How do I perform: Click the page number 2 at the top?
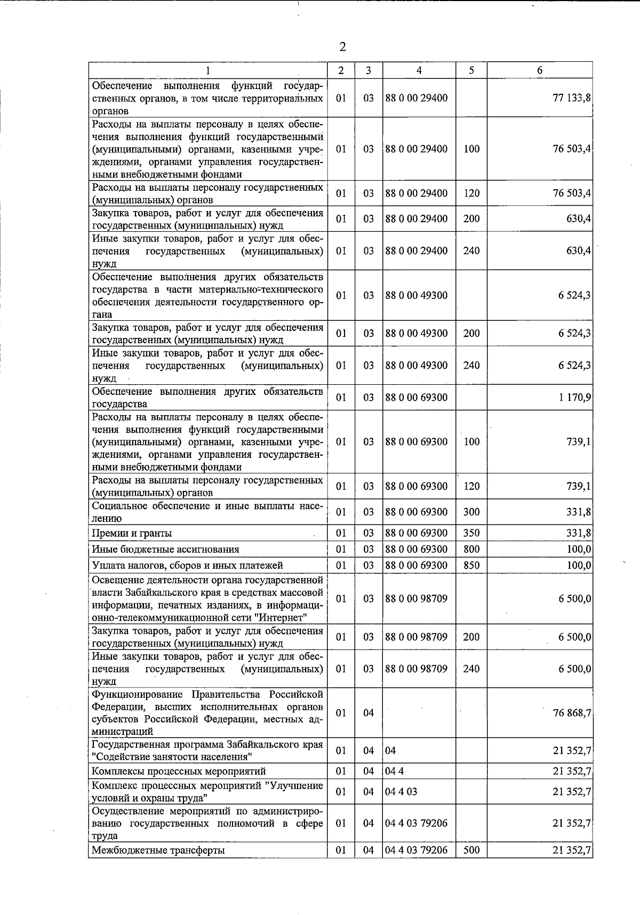point(342,47)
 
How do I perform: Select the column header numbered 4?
point(419,70)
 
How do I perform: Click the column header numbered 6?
point(540,70)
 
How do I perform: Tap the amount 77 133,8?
point(572,98)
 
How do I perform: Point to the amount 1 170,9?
point(574,398)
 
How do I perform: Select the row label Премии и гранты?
point(132,533)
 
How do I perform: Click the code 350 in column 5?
point(471,533)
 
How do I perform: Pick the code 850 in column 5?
point(471,565)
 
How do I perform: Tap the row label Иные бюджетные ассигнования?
point(165,549)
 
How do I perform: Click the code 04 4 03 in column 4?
point(401,792)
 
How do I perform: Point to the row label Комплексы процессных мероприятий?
point(179,772)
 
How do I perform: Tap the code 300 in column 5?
point(471,512)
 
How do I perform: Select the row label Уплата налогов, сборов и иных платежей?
point(187,565)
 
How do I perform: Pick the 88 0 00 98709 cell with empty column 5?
point(417,599)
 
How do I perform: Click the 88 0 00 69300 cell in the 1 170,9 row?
point(417,398)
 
